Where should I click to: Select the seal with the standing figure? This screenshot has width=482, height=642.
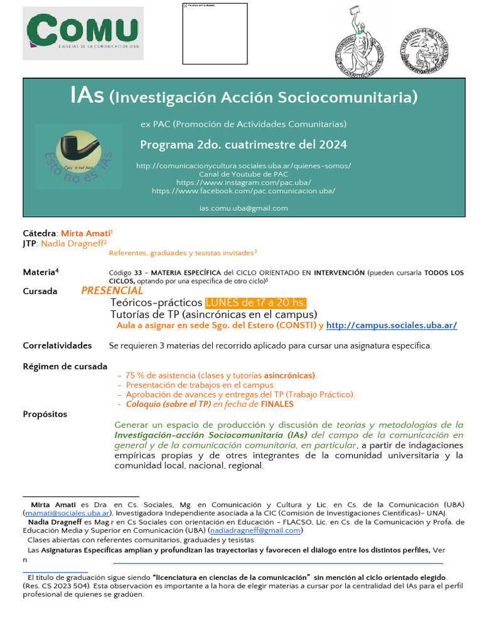click(x=356, y=43)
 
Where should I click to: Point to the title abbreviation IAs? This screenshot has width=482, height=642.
click(x=87, y=97)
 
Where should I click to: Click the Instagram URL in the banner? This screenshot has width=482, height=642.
click(x=244, y=182)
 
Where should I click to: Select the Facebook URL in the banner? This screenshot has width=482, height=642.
click(x=244, y=191)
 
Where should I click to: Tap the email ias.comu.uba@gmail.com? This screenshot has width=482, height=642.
click(x=244, y=208)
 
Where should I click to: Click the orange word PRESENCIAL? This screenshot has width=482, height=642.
click(x=112, y=291)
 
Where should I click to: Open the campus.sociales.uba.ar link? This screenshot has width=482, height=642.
click(x=392, y=325)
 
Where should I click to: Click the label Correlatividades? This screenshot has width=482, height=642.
click(x=57, y=345)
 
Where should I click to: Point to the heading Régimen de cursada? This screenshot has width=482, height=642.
click(x=65, y=366)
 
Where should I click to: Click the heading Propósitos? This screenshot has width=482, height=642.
click(x=45, y=414)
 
